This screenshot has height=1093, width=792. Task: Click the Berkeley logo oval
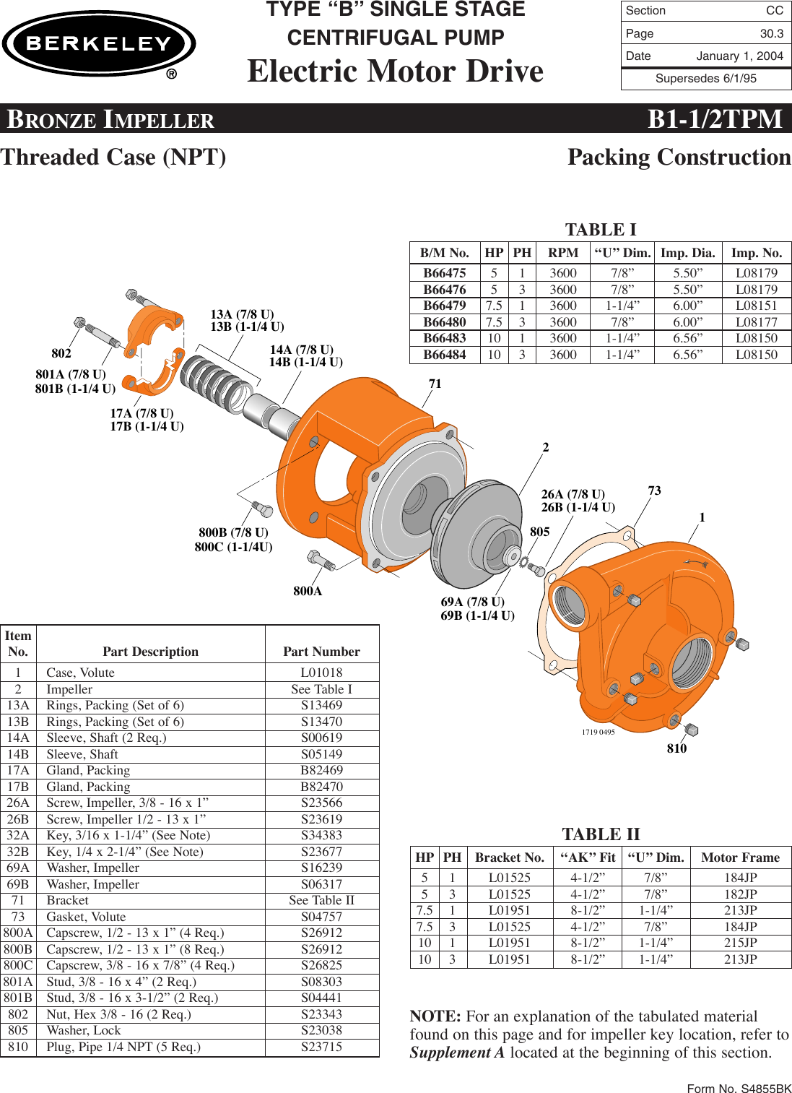[x=99, y=43]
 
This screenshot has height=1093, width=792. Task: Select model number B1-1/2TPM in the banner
[x=714, y=118]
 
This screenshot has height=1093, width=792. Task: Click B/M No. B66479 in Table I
[x=444, y=306]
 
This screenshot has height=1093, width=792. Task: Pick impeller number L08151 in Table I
[x=756, y=306]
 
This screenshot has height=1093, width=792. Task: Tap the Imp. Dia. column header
[x=687, y=253]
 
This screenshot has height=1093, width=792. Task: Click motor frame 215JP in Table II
[x=740, y=943]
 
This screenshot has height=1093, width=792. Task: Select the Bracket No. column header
[x=509, y=857]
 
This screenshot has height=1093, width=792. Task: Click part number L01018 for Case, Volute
[x=321, y=673]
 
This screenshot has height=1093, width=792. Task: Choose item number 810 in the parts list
[x=18, y=1047]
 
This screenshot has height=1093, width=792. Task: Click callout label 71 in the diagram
[x=435, y=384]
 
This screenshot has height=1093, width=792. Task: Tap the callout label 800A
[x=308, y=591]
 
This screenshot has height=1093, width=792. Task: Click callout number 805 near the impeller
[x=539, y=532]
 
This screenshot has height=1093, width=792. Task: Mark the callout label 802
[x=61, y=353]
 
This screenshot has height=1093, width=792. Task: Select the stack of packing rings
[x=217, y=383]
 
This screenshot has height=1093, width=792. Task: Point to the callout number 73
[x=654, y=491]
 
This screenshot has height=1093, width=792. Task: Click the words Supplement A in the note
[x=457, y=1053]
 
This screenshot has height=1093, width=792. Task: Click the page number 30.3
[x=771, y=33]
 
